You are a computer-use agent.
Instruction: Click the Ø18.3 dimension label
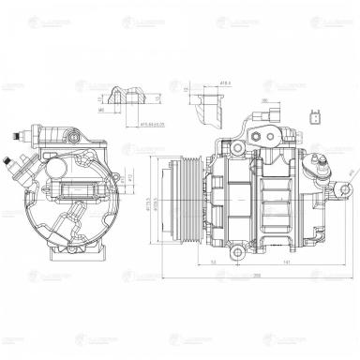(x=225, y=83)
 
